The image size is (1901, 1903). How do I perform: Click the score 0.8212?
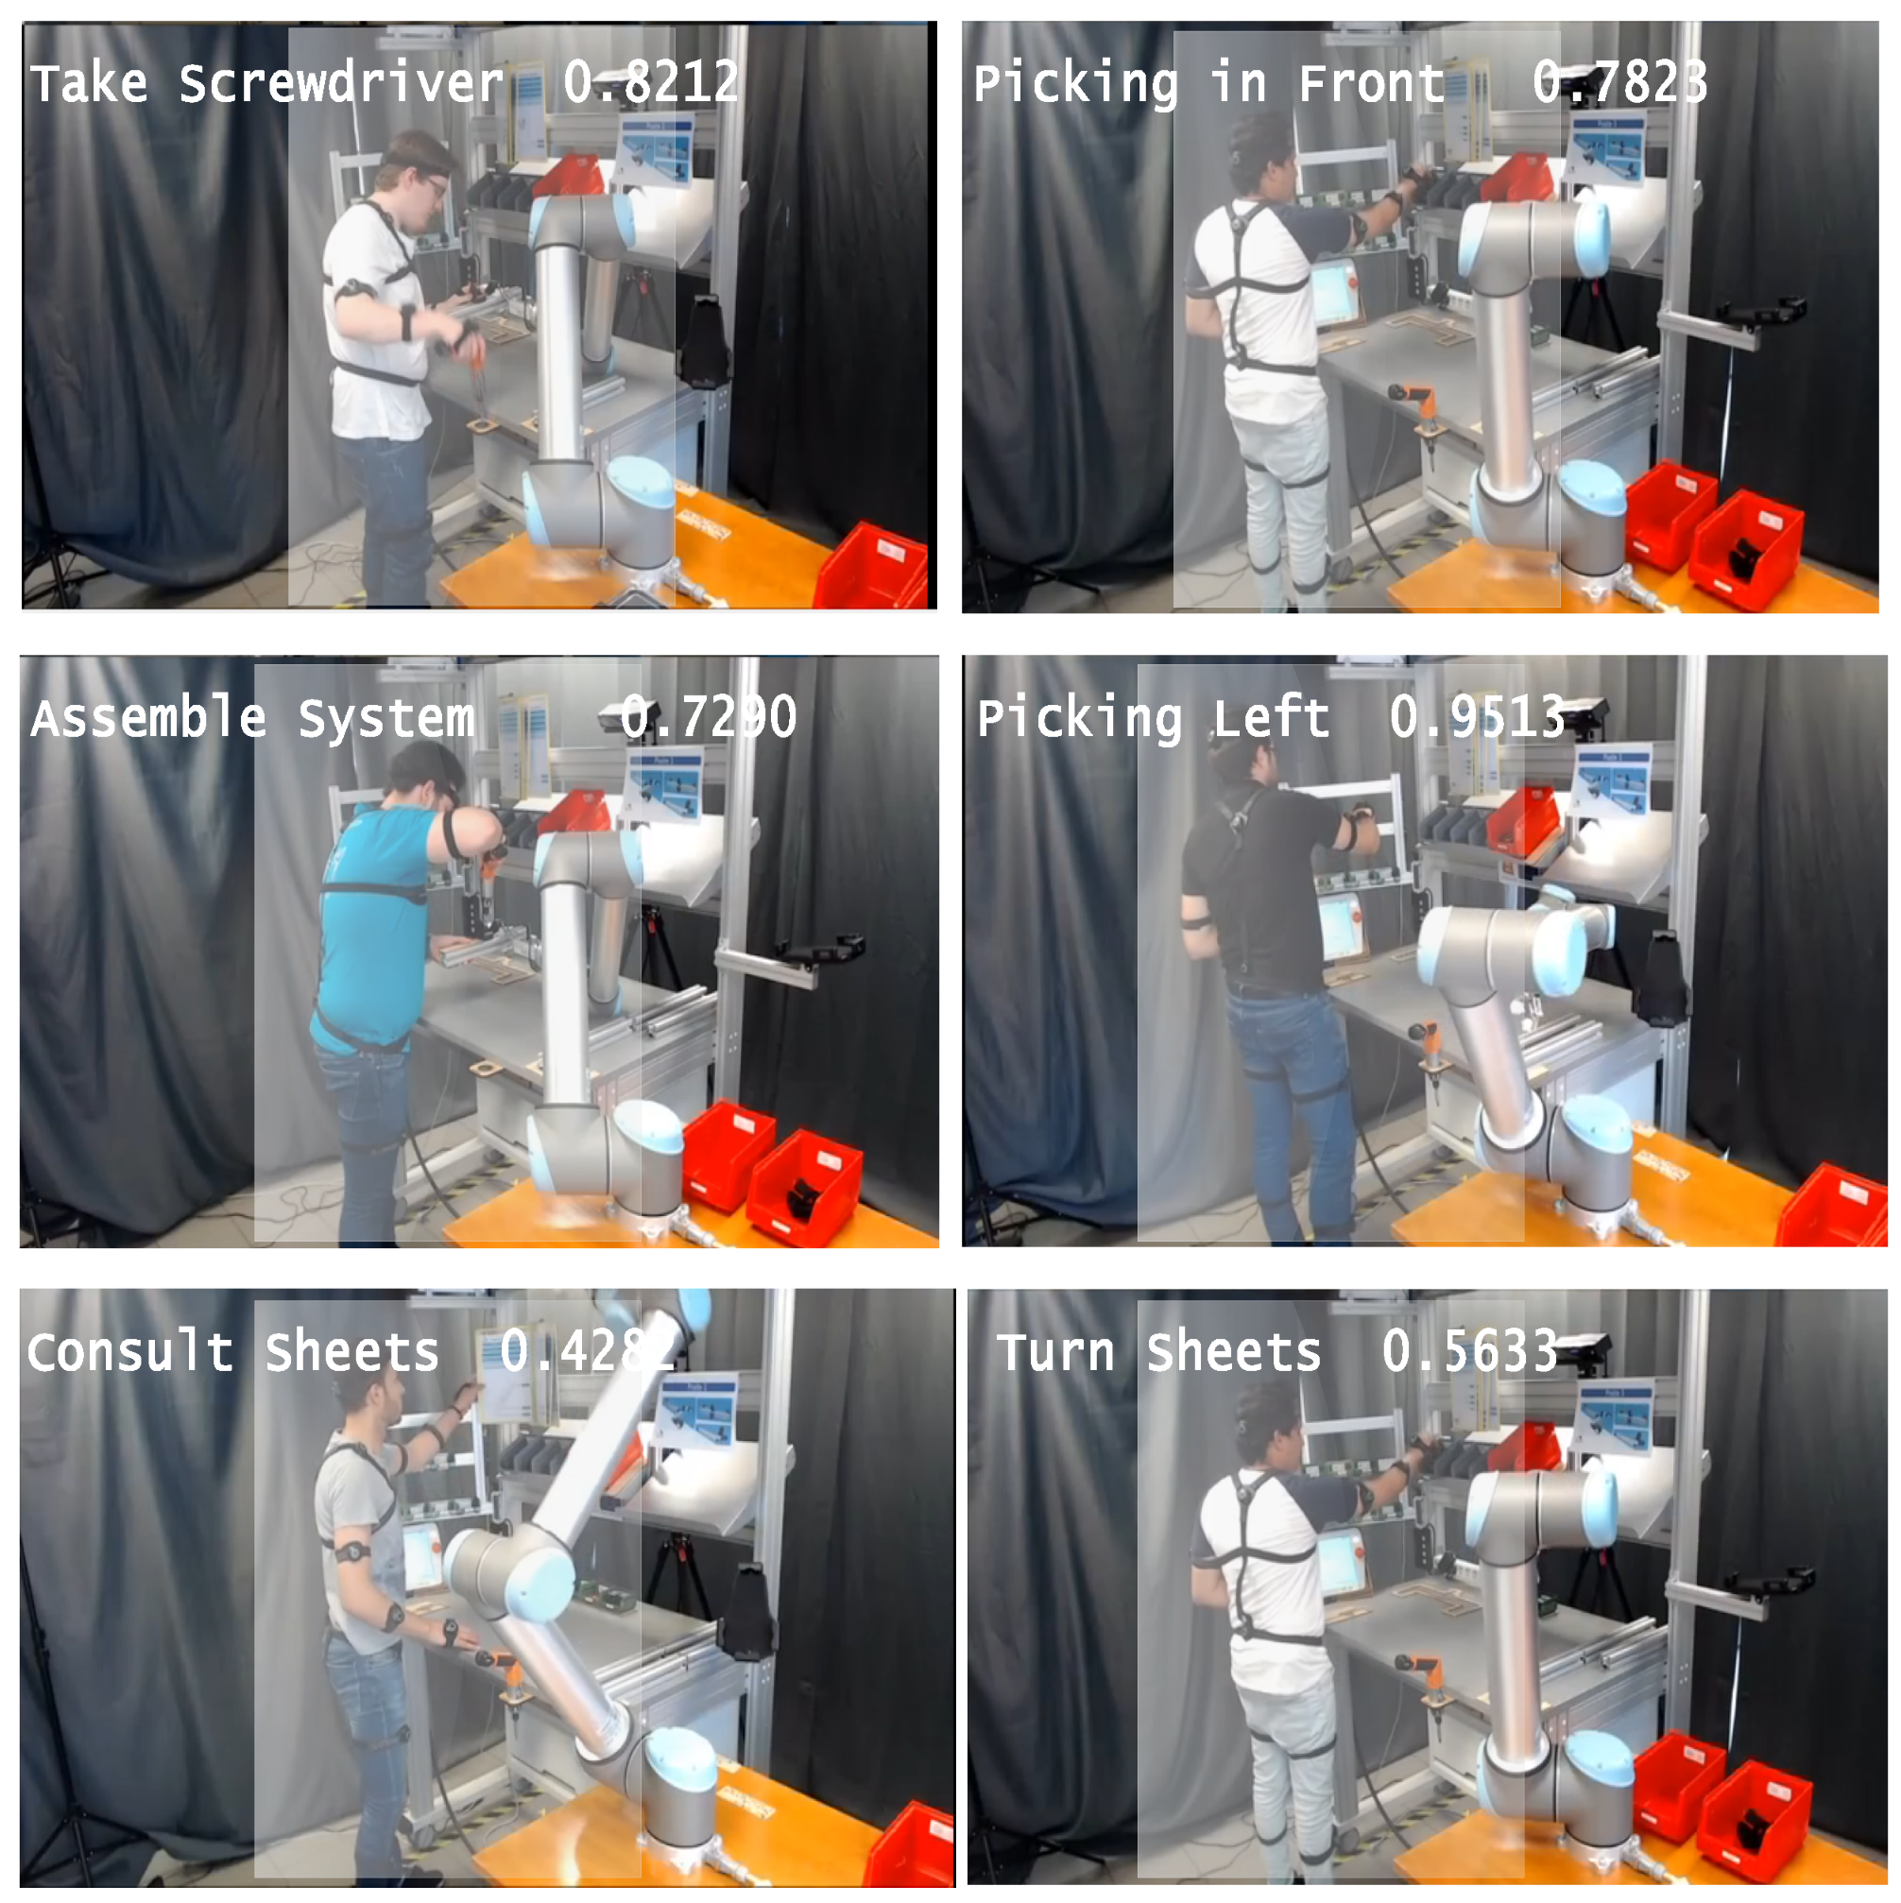650,82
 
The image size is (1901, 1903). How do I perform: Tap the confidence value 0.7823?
1618,82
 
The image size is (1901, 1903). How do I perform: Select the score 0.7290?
709,716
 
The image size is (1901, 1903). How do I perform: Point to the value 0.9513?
1477,716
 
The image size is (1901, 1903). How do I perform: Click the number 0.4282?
587,1350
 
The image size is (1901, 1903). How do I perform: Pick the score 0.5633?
1468,1350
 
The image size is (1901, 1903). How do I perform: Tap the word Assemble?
148,718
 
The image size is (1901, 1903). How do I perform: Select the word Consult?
130,1351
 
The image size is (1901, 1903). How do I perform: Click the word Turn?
1055,1351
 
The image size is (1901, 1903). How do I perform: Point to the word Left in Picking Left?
1271,718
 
